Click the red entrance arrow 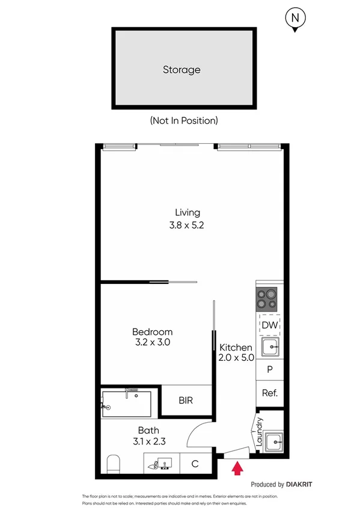tap(238, 467)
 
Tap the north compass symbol tap(294, 19)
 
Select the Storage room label tap(182, 70)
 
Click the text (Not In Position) tap(183, 120)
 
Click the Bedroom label tap(152, 332)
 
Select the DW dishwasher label tap(269, 325)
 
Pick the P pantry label tap(269, 370)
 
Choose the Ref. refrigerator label tap(269, 393)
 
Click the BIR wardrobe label tap(186, 401)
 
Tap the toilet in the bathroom tap(114, 464)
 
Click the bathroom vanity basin tap(161, 464)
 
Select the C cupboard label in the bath tap(195, 464)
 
